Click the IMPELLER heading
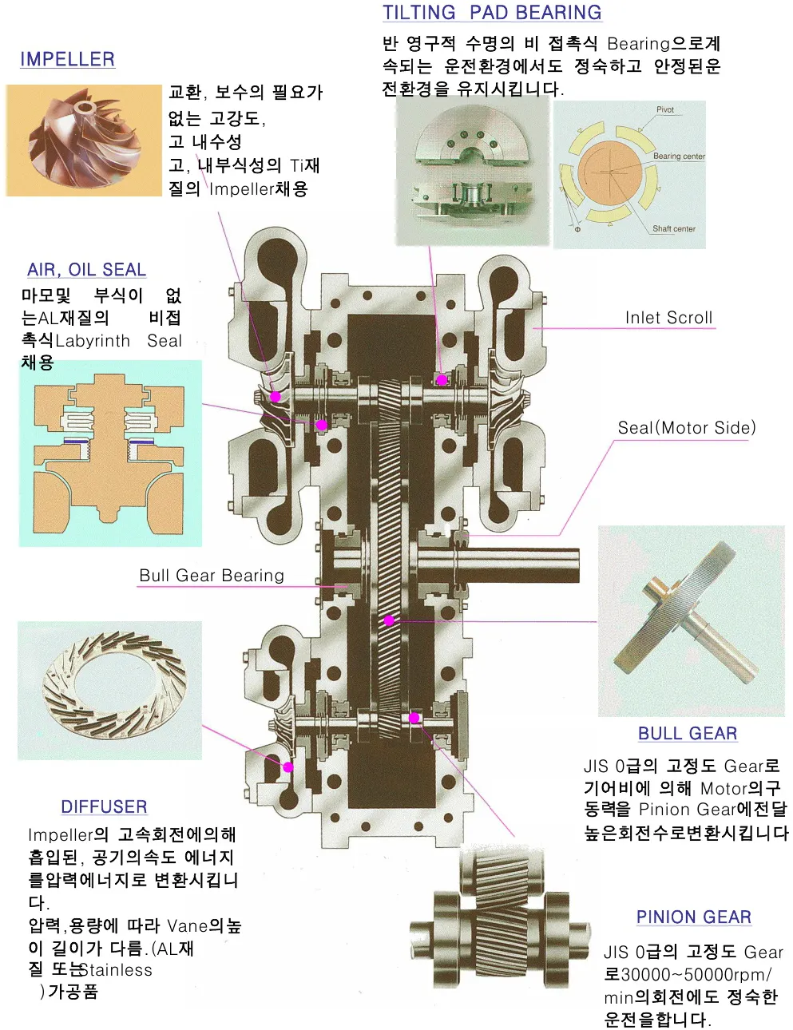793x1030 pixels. click(67, 59)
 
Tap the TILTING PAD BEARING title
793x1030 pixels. click(492, 13)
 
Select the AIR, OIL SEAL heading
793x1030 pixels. click(86, 270)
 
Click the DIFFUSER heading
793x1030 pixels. click(104, 806)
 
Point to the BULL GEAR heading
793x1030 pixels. click(687, 733)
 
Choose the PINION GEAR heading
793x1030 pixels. click(693, 917)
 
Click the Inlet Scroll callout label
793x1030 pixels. click(668, 318)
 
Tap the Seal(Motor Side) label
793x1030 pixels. click(686, 428)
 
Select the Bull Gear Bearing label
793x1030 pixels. click(212, 576)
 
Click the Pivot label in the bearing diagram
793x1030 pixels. click(665, 110)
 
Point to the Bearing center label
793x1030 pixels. click(679, 156)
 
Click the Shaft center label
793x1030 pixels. click(673, 229)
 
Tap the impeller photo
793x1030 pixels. click(83, 141)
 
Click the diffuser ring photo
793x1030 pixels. click(109, 689)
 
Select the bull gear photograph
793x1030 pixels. click(691, 620)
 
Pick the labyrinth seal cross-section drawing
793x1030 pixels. click(110, 453)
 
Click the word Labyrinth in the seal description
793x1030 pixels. click(93, 341)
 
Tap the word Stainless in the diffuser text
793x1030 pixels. click(116, 970)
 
